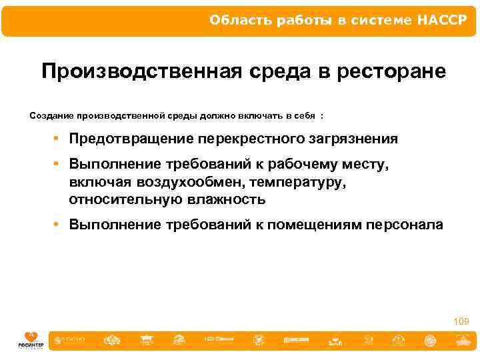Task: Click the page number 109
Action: (x=461, y=321)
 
